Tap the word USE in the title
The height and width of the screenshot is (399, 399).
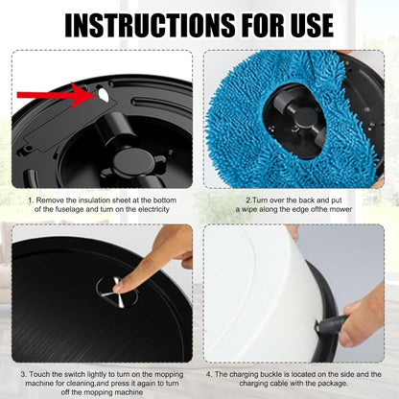tap(308, 25)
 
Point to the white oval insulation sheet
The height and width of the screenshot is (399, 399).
tap(104, 94)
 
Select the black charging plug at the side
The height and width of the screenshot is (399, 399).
tap(331, 325)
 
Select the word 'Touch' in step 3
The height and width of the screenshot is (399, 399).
tap(39, 374)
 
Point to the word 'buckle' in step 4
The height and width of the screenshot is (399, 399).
tap(274, 374)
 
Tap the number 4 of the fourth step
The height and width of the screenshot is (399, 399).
tap(208, 374)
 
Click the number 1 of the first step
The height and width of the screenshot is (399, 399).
tap(31, 200)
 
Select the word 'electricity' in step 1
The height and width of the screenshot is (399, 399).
tap(153, 209)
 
